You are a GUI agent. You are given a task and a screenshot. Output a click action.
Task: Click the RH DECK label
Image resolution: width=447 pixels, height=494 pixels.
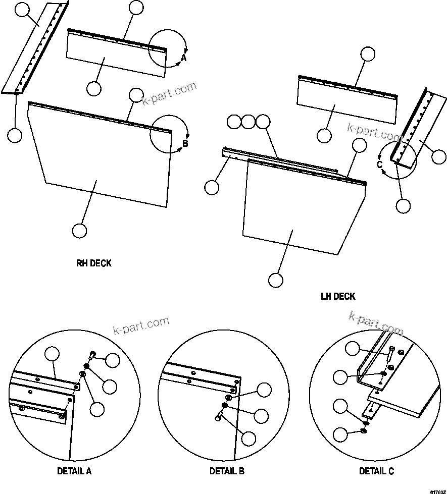93,263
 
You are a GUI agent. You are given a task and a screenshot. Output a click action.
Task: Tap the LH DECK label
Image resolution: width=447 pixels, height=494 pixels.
338,296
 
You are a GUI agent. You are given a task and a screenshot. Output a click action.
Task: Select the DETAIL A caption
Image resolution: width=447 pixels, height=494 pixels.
74,471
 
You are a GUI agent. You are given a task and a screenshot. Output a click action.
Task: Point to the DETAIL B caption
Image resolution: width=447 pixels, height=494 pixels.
227,471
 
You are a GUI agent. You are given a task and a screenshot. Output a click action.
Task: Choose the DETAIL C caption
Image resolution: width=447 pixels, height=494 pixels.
376,471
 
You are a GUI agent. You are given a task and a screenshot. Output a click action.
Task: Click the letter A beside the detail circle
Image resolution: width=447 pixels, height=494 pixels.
184,59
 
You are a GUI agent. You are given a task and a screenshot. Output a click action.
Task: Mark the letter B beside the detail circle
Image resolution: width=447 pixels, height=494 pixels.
185,144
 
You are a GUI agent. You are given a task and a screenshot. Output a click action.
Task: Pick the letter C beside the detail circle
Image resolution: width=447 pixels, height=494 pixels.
379,164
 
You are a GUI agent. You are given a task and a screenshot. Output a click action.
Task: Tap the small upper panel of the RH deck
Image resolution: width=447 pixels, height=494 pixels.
116,56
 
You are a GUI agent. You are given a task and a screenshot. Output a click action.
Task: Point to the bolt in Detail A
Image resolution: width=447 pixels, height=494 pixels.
92,355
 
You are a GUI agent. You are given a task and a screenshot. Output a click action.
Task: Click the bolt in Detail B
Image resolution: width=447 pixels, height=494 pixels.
219,416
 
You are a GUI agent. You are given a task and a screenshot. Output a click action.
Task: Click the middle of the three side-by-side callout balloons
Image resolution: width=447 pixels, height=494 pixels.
249,122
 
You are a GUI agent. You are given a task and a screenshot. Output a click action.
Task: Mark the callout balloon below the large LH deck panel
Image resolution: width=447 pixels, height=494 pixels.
275,280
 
